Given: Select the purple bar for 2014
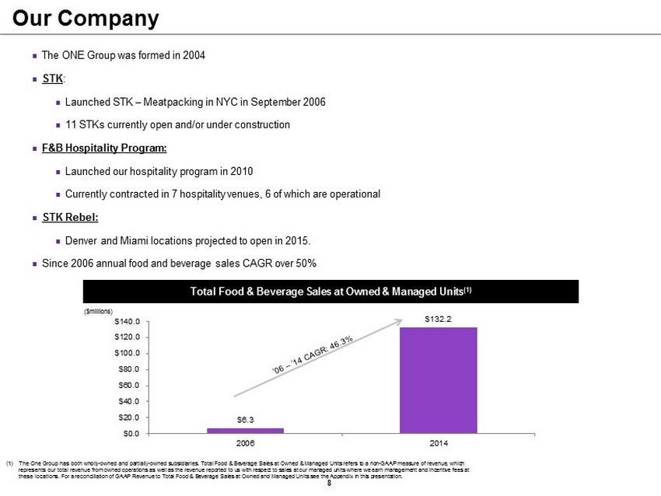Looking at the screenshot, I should coord(438,379).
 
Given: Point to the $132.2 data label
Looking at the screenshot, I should coord(439,319).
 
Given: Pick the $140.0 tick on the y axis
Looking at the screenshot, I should coord(127,320).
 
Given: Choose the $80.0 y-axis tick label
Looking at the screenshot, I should coord(128,369).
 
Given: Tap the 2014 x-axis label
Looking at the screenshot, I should coord(439,442).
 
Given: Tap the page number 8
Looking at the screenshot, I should coord(330,484).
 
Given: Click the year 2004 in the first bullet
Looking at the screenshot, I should coord(193,56).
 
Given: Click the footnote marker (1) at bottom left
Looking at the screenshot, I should coord(10,464).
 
